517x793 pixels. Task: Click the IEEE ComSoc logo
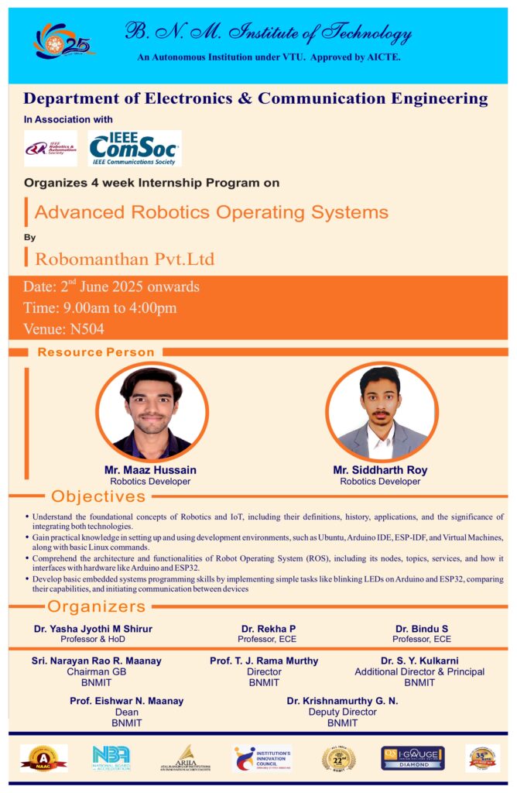[135, 148]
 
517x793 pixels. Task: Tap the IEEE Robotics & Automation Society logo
[50, 148]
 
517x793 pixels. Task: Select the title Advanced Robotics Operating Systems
[211, 212]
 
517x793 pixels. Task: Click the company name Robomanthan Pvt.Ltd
[125, 258]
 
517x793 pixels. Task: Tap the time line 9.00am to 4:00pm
[100, 307]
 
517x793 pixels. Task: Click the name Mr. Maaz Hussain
[150, 470]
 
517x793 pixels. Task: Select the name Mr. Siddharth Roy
[380, 470]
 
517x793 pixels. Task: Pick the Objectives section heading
[98, 496]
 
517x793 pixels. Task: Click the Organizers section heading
[97, 606]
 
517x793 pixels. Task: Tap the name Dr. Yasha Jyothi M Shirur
[92, 629]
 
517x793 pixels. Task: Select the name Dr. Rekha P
[268, 629]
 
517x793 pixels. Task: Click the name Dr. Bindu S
[421, 629]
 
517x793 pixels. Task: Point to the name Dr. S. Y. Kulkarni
[419, 661]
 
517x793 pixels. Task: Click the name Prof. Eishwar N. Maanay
[126, 701]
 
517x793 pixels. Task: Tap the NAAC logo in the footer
[43, 758]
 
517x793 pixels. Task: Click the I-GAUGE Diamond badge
[412, 758]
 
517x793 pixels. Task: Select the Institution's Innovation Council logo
[262, 758]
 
